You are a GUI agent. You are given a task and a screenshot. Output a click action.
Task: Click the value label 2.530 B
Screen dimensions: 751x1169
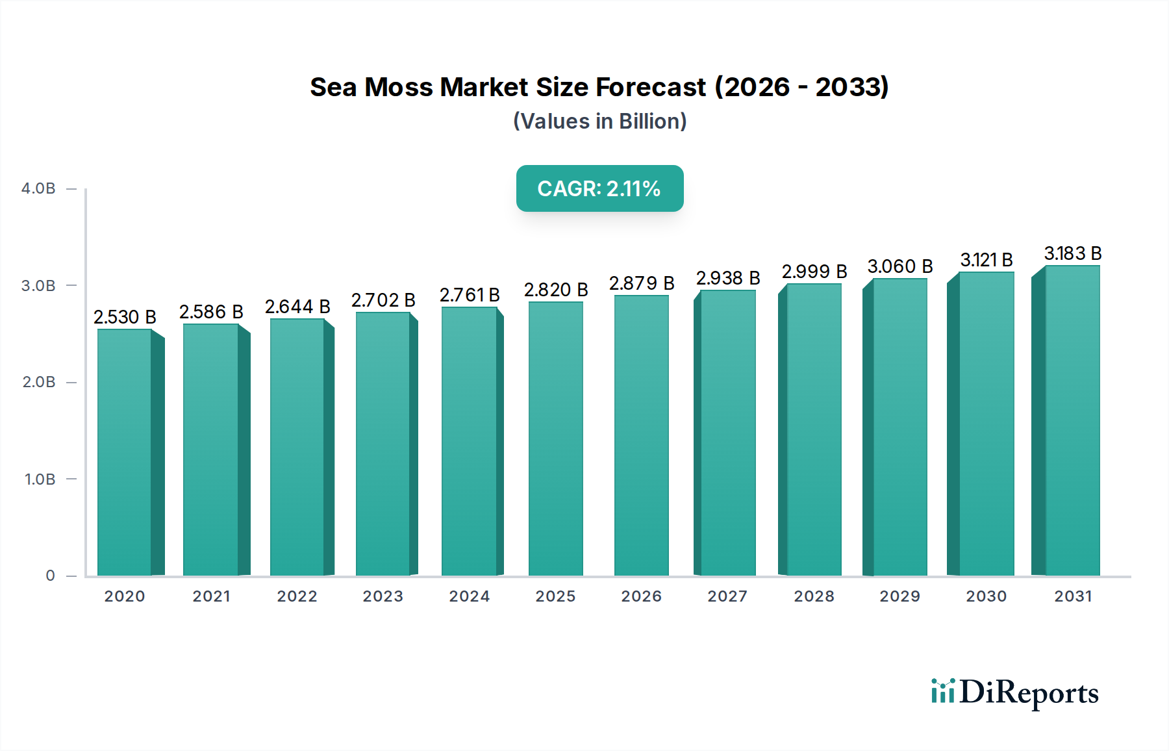125,317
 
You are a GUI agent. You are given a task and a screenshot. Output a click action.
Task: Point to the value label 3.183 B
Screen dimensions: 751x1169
1072,253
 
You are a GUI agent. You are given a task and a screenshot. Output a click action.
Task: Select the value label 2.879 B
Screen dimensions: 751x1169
641,283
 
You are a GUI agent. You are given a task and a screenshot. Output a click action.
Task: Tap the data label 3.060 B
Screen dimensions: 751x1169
899,266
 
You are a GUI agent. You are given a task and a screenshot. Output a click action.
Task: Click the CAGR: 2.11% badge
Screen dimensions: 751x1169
599,188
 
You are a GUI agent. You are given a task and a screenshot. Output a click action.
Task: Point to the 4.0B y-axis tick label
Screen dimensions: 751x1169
38,188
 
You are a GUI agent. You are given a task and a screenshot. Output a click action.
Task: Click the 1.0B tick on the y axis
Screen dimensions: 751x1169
40,479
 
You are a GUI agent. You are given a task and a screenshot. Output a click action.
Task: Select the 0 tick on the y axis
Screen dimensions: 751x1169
50,576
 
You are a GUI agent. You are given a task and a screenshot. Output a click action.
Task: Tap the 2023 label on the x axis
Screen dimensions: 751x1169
383,596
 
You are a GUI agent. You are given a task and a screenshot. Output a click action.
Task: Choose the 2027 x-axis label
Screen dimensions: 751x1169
727,596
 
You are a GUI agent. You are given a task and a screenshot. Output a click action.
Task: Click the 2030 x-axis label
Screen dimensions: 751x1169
986,596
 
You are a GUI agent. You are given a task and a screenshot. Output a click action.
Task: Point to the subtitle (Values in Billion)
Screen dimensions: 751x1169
599,121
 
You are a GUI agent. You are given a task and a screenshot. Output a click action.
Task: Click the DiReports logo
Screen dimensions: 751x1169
1014,693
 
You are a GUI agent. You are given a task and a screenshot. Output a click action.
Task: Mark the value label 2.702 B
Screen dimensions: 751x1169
383,300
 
